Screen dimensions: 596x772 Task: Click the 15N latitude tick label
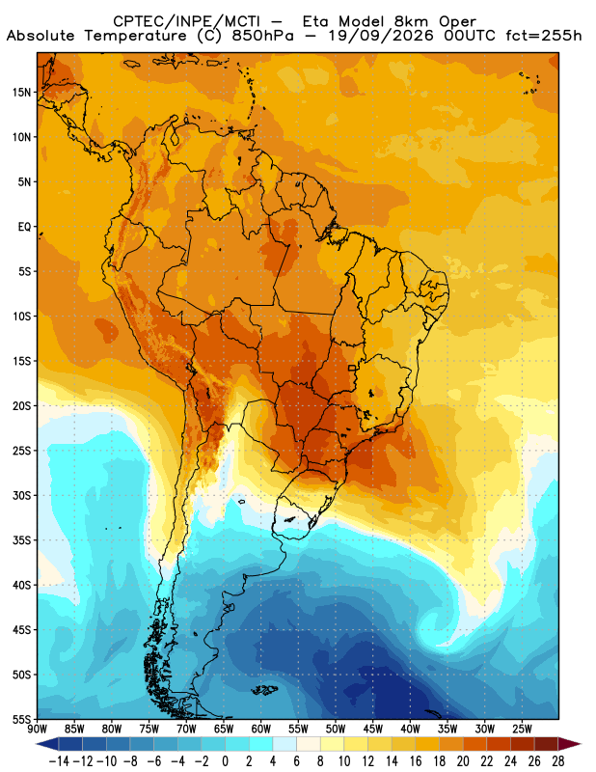(21, 93)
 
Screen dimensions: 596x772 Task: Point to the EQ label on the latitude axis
(25, 227)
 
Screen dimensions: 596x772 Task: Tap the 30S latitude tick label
(21, 496)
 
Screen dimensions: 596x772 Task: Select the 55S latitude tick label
(21, 720)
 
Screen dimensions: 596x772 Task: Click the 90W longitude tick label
(38, 729)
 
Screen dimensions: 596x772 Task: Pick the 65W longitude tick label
(224, 729)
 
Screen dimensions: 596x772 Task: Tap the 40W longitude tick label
(410, 729)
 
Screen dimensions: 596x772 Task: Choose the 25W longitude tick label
(522, 729)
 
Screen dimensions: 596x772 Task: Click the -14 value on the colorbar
(59, 761)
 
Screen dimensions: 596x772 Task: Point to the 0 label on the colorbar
(226, 761)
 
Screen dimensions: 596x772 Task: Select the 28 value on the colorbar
(557, 761)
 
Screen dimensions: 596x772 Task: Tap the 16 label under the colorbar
(416, 761)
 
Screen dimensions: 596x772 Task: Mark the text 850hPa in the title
(263, 36)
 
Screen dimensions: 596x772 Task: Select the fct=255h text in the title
(544, 36)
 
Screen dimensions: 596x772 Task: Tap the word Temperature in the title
(135, 36)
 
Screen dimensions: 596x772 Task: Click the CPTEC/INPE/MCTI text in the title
(187, 21)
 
